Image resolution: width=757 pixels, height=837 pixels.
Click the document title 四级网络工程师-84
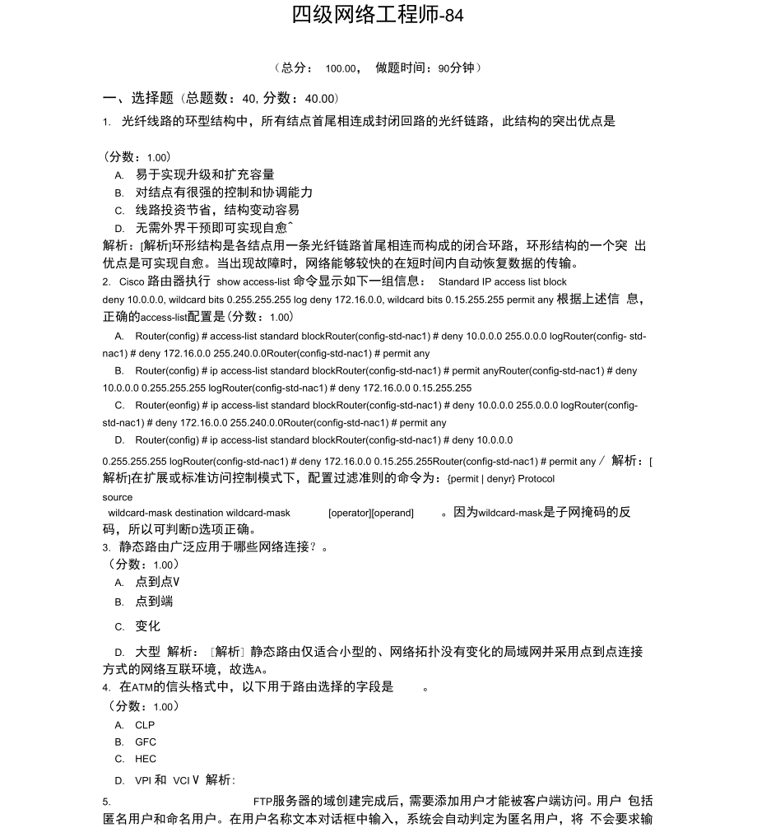coord(378,15)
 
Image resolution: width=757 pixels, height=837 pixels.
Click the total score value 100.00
coord(341,68)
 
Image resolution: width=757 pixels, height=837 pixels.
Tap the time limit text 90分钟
coord(457,68)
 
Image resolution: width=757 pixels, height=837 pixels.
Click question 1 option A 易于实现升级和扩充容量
coord(205,174)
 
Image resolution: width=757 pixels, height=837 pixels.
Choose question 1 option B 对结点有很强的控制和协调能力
coord(224,192)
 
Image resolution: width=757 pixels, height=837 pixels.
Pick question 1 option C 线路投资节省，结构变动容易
coord(217,210)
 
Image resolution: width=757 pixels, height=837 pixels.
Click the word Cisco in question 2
coord(132,281)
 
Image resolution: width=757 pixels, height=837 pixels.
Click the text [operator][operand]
coord(371,513)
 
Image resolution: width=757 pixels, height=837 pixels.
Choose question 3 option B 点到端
coord(154,602)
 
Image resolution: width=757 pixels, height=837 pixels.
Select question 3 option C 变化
coord(147,626)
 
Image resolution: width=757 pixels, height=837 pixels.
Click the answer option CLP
coord(145,725)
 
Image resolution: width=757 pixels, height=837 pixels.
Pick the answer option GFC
coord(146,742)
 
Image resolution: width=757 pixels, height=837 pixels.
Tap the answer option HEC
coord(146,759)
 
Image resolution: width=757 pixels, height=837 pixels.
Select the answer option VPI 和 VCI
coord(163,780)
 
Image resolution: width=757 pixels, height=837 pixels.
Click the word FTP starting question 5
coord(262,801)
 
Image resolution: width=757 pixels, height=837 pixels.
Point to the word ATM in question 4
coord(142,687)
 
